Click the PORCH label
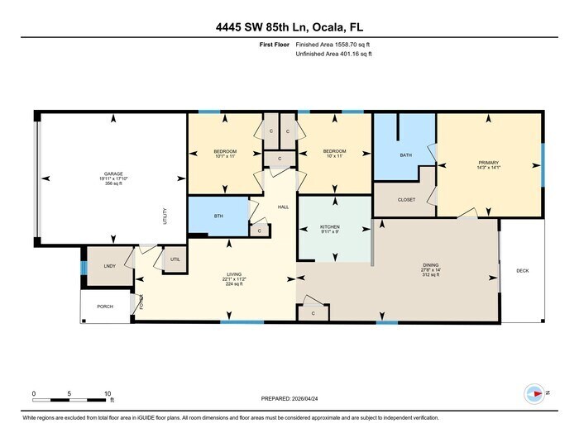[x=105, y=307]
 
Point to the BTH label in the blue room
[x=218, y=216]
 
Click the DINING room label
[x=431, y=265]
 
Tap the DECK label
[x=522, y=270]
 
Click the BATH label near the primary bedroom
[x=405, y=155]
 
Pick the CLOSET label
[x=406, y=200]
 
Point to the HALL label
[x=282, y=207]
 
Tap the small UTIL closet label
[x=175, y=259]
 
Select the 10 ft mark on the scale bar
[x=108, y=393]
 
